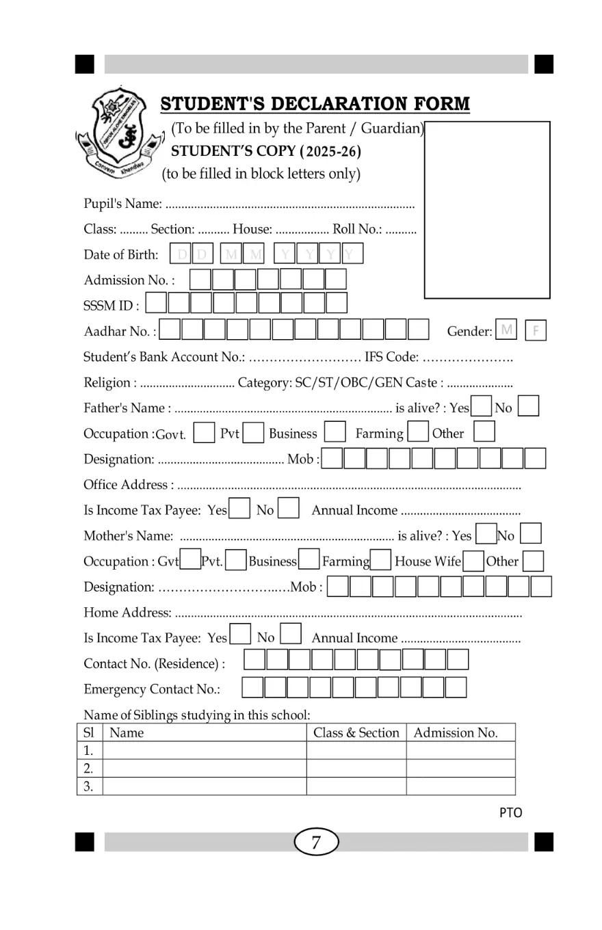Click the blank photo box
click(x=487, y=209)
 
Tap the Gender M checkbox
click(x=507, y=331)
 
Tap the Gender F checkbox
click(x=536, y=332)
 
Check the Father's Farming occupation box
click(x=417, y=434)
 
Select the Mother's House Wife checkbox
click(x=473, y=561)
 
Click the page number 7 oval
click(x=316, y=842)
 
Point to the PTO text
click(x=510, y=813)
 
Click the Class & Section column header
click(x=356, y=733)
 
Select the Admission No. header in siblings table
click(x=456, y=733)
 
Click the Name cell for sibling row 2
click(x=204, y=769)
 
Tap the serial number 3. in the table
click(x=88, y=786)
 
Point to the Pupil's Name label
click(x=122, y=204)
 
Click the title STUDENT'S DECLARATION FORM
click(x=315, y=104)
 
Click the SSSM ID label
click(x=112, y=306)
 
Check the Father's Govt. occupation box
click(x=204, y=434)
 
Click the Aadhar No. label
click(x=120, y=332)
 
